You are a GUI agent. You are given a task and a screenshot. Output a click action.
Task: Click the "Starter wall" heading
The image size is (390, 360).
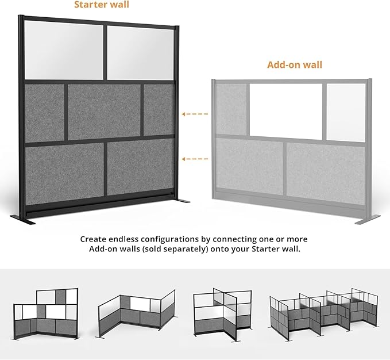coord(102,5)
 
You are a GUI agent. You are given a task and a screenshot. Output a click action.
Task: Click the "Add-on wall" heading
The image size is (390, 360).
coord(294,64)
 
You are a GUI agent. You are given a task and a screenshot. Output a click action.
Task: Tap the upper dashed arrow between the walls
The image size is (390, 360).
coord(195,114)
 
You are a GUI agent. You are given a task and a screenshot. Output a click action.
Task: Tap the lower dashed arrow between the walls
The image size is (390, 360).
coord(195,158)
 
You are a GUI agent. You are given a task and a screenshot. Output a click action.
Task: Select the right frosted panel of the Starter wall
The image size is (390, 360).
coord(141,53)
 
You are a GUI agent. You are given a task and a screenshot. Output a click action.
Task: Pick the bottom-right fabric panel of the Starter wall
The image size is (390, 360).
coord(140,166)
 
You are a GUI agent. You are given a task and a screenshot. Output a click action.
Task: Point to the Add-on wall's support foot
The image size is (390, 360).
coord(368,219)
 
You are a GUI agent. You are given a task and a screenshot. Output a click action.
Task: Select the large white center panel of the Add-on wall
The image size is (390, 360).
coord(285,110)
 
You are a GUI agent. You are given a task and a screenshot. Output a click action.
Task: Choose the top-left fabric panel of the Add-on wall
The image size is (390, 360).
coord(230,109)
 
